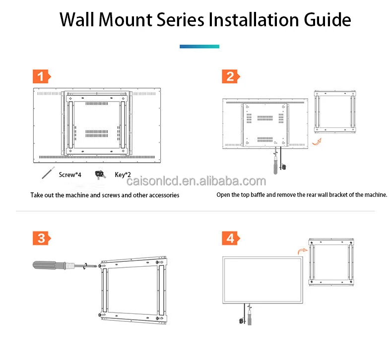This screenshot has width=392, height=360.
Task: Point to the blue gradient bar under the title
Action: click(x=199, y=47)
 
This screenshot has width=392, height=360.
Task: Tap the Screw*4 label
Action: click(x=69, y=175)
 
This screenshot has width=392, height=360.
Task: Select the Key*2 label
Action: click(x=123, y=175)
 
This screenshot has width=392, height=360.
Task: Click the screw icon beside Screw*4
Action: click(x=48, y=174)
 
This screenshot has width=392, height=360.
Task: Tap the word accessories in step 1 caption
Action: click(x=159, y=195)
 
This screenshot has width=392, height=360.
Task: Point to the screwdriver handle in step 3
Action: click(x=48, y=264)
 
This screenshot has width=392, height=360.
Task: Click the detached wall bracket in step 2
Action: click(x=336, y=113)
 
